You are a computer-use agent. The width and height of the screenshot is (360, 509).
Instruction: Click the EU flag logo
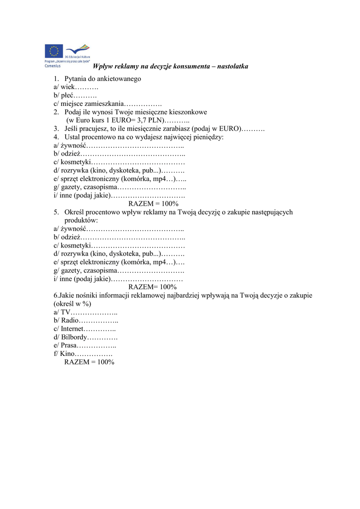[54, 51]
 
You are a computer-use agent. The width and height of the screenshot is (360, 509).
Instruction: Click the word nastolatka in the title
[231, 66]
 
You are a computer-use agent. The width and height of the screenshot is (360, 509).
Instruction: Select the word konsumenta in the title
[187, 66]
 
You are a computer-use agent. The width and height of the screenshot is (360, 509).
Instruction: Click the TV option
[66, 312]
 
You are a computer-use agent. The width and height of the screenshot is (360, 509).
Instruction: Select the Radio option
[69, 321]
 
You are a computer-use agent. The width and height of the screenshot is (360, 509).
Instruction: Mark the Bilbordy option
[73, 337]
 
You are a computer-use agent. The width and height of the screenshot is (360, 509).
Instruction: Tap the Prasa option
[69, 345]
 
